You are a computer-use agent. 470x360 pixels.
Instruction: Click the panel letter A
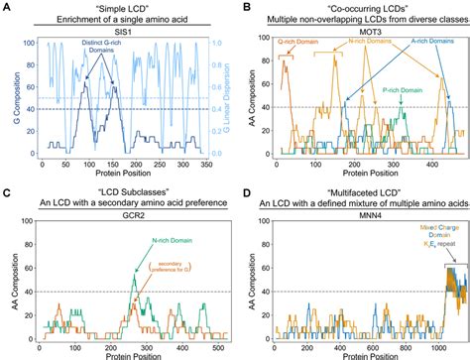(7, 7)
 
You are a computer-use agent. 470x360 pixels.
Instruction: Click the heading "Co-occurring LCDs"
(356, 7)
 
